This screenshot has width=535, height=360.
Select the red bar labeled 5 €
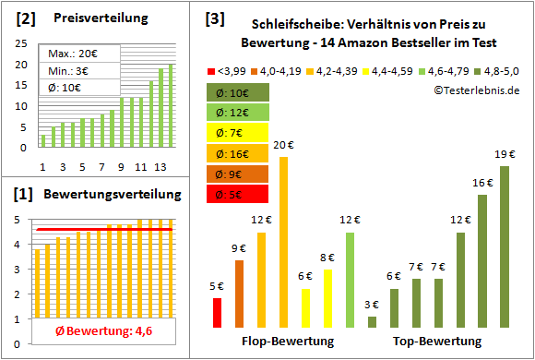pos(218,312)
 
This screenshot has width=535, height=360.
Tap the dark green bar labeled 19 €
pos(505,246)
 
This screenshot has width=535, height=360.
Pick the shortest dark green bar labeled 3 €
pos(372,321)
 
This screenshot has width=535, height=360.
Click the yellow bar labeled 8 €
pos(327,297)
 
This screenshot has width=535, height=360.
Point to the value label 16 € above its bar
pos(481,183)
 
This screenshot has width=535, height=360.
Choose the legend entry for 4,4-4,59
pos(389,70)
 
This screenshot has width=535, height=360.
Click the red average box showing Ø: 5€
pos(238,194)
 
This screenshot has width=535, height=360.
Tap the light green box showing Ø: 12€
pos(238,113)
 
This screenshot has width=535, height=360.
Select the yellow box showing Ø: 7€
pos(238,133)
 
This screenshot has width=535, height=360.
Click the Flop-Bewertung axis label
pos(287,342)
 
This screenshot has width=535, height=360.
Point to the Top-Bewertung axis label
pos(437,342)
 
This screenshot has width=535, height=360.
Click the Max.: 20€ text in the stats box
pos(74,54)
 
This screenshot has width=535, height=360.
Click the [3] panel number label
pos(214,18)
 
